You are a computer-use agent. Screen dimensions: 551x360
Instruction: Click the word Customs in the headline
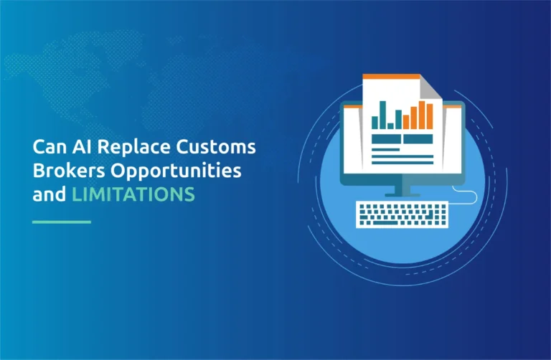pyautogui.click(x=216, y=146)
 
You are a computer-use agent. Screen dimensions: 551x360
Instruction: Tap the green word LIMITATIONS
pyautogui.click(x=133, y=194)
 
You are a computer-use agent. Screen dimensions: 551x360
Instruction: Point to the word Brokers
pyautogui.click(x=69, y=171)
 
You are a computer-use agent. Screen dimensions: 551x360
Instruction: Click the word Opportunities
pyautogui.click(x=176, y=171)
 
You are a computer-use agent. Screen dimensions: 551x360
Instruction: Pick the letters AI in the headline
pyautogui.click(x=83, y=147)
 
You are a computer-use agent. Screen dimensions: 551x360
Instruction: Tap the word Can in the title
pyautogui.click(x=50, y=147)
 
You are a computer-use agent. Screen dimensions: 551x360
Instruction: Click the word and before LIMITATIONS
pyautogui.click(x=50, y=194)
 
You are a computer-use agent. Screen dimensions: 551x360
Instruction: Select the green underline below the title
pyautogui.click(x=62, y=222)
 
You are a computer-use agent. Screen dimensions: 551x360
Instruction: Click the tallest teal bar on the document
pyautogui.click(x=382, y=115)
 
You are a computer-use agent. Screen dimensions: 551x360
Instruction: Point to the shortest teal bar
pyautogui.click(x=390, y=126)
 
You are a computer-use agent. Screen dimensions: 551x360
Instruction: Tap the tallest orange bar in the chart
pyautogui.click(x=422, y=115)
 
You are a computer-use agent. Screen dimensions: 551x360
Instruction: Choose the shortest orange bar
pyautogui.click(x=406, y=122)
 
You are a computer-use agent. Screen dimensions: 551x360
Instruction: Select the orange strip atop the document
pyautogui.click(x=391, y=77)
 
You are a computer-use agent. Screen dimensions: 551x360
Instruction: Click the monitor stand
pyautogui.click(x=402, y=190)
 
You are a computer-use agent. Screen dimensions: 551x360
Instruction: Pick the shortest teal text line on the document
pyautogui.click(x=385, y=150)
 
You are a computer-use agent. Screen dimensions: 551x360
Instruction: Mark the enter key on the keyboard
pyautogui.click(x=429, y=214)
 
